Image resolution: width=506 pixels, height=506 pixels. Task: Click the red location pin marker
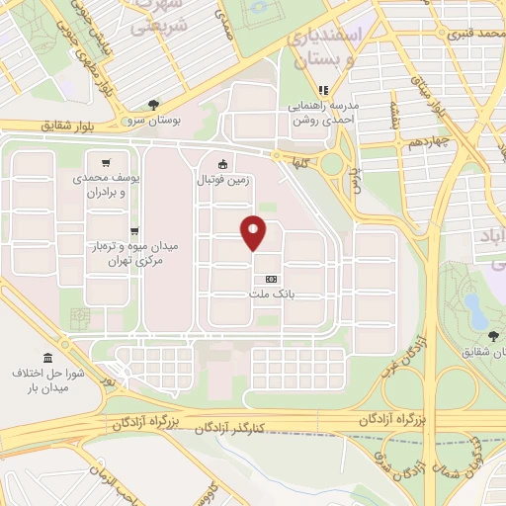(255, 233)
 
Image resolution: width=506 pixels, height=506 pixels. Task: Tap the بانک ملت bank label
(272, 295)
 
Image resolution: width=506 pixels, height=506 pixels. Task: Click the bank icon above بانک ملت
(272, 280)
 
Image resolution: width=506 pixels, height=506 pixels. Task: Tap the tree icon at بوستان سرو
(152, 104)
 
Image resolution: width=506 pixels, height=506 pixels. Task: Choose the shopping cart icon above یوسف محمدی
(106, 162)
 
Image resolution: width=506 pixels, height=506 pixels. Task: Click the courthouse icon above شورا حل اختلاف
(47, 357)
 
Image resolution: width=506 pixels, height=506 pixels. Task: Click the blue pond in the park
(474, 313)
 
